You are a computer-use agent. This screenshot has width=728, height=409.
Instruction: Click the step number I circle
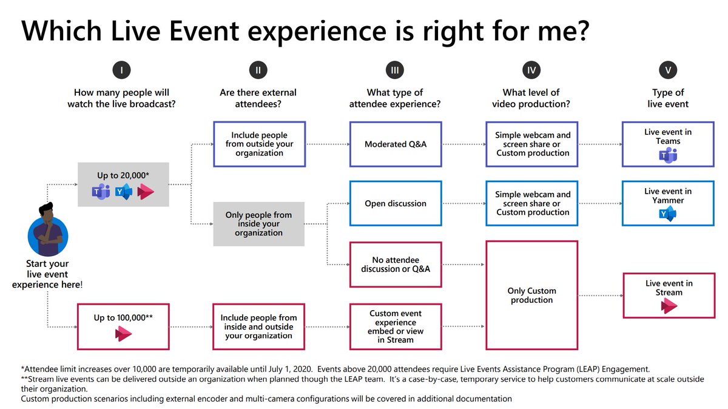tap(122, 71)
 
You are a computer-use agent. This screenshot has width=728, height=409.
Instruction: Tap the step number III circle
tap(395, 71)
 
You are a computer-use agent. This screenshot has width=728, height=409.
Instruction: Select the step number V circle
tap(668, 71)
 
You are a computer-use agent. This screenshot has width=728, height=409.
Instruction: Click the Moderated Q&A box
tap(396, 144)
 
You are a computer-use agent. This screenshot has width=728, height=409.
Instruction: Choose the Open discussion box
tap(396, 204)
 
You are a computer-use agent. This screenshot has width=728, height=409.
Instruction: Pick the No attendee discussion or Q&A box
tap(396, 265)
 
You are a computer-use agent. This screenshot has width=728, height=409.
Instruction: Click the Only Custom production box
tap(531, 296)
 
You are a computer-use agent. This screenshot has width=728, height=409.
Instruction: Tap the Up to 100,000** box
tap(123, 326)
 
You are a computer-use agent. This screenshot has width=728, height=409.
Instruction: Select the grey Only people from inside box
tap(258, 224)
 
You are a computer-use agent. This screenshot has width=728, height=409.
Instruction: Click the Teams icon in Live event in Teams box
tap(668, 155)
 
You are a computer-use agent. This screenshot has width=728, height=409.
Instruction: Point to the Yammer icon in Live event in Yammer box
tap(668, 214)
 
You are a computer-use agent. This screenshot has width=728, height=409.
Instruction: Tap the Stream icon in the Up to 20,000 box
tap(146, 192)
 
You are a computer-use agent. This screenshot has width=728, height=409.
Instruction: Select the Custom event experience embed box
tap(396, 326)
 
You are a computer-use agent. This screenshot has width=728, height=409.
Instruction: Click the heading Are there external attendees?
tap(258, 98)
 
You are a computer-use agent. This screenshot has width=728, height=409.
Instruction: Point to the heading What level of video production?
tap(531, 98)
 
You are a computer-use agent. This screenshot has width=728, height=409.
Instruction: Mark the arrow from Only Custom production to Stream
tap(599, 296)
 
